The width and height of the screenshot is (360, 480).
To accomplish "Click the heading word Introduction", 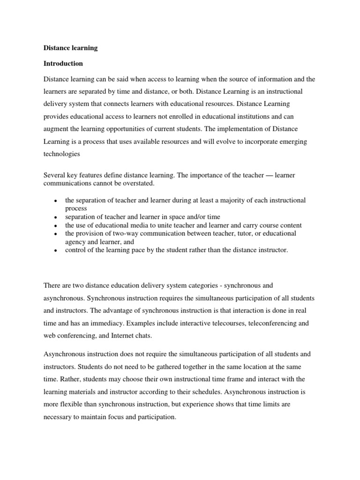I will (63, 63).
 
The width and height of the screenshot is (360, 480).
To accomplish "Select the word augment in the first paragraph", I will (57, 128).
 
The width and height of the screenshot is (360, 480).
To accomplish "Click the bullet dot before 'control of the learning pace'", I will (55, 251).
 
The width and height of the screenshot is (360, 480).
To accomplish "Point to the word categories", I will (187, 285).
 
